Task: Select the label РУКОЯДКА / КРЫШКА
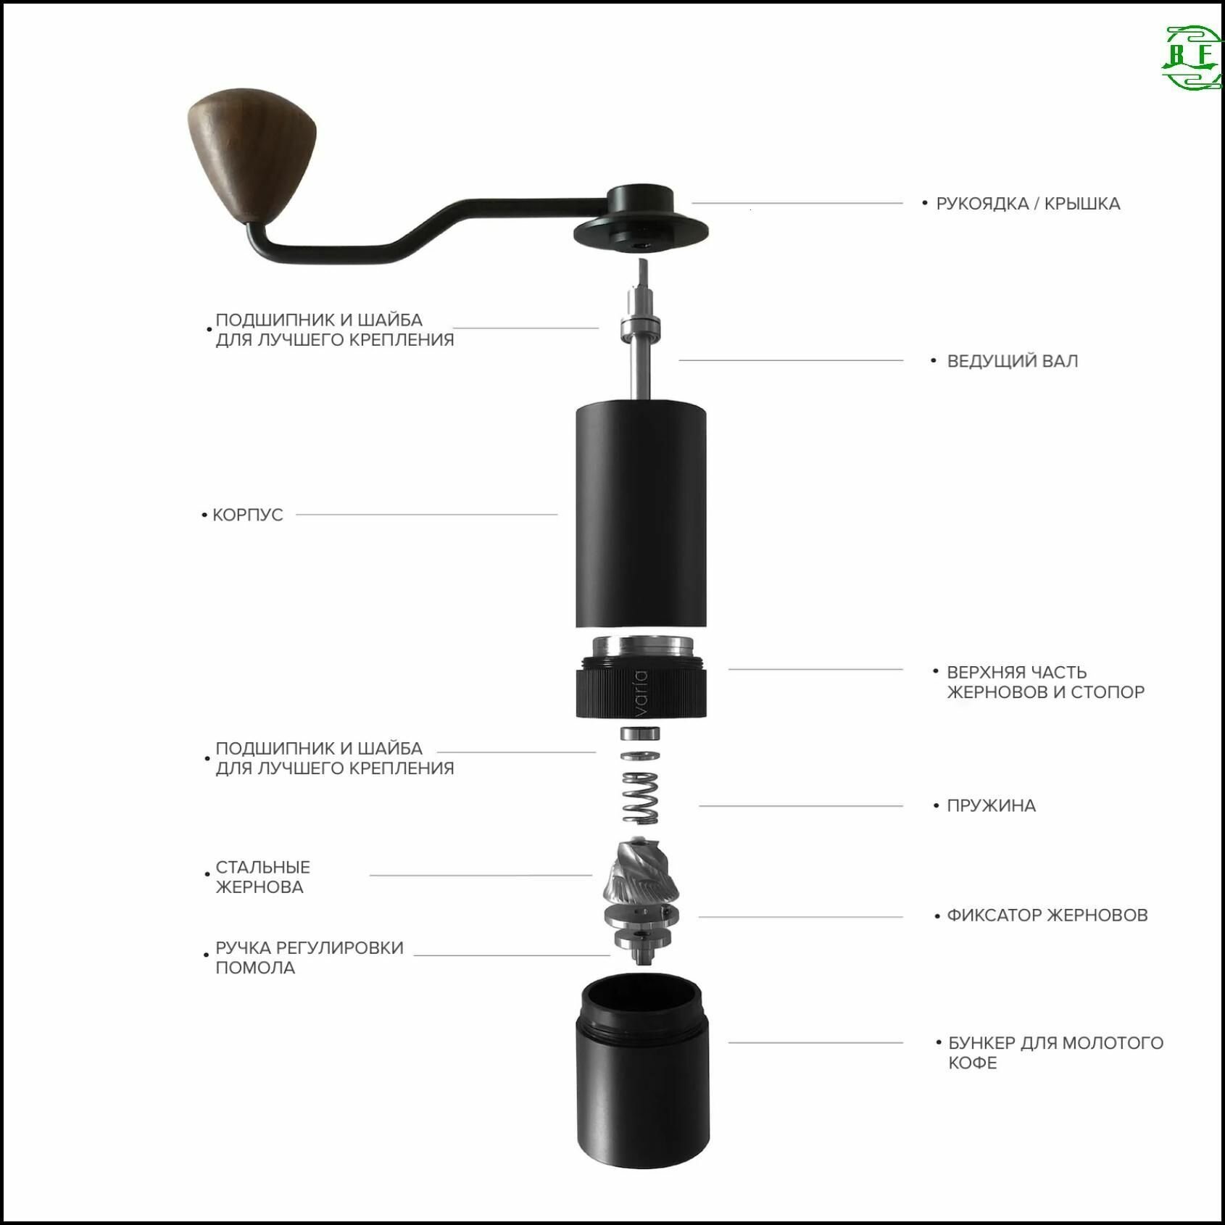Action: click(x=1028, y=204)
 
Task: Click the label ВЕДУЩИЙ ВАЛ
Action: click(x=1012, y=361)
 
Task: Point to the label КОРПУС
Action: click(x=247, y=515)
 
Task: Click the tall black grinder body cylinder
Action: click(x=641, y=515)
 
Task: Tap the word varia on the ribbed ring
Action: click(x=639, y=694)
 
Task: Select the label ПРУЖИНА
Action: click(x=991, y=805)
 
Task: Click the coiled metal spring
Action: click(x=641, y=797)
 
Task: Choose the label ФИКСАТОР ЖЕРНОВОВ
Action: click(x=1047, y=915)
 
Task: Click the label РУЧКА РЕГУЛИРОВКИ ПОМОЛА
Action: click(x=309, y=958)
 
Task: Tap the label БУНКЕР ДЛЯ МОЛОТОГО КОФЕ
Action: click(x=1055, y=1052)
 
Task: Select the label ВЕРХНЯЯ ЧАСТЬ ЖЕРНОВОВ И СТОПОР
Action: click(x=1045, y=682)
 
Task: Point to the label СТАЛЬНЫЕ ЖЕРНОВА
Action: click(x=262, y=877)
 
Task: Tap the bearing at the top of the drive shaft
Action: click(x=641, y=328)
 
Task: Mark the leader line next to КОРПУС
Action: click(x=427, y=515)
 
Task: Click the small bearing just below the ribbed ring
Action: click(x=641, y=733)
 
